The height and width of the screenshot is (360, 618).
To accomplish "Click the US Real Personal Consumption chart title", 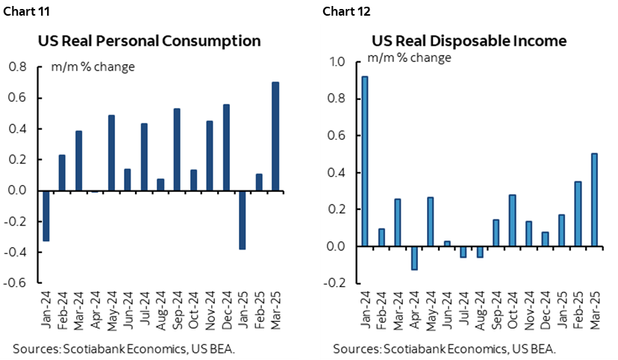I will tap(149, 40).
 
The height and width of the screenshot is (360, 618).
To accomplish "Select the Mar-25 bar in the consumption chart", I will tap(275, 136).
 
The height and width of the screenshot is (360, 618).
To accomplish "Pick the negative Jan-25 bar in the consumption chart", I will tap(243, 220).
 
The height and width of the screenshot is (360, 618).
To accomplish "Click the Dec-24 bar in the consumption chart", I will tap(226, 147).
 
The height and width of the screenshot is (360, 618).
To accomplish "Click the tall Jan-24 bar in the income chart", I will tap(364, 161).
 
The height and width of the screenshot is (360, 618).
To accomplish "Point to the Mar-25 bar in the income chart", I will tap(593, 199).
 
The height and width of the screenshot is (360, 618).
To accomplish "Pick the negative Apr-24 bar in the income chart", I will tap(413, 258).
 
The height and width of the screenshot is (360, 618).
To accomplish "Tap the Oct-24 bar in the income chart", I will tap(512, 220).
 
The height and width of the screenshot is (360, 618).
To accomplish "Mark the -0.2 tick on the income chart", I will tap(334, 283).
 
